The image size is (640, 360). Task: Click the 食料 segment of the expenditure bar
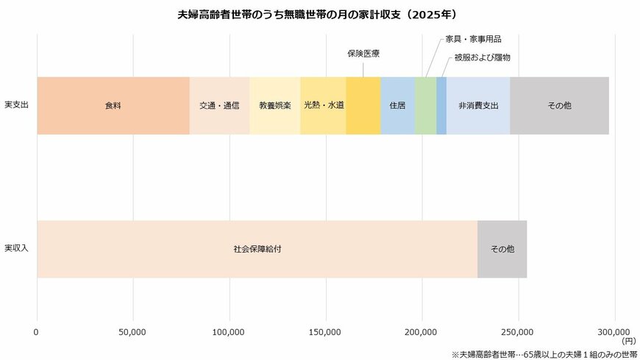[113, 105]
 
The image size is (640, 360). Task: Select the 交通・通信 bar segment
[219, 105]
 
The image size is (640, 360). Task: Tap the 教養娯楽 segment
[274, 105]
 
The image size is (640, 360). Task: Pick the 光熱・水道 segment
[323, 105]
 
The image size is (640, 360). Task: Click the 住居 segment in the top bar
[397, 105]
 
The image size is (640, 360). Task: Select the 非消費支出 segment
[478, 105]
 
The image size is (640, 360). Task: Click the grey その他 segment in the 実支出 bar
[559, 105]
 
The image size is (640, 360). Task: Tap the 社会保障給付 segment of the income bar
[257, 249]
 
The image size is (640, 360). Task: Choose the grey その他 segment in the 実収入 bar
[502, 249]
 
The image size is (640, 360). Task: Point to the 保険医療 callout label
[363, 54]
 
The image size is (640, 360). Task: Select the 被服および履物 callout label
[482, 57]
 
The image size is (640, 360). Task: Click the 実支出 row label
[16, 105]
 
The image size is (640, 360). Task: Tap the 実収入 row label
[16, 248]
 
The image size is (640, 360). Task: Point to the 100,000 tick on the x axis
[229, 331]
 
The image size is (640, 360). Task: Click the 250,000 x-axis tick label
[518, 331]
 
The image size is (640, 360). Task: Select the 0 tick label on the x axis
[36, 331]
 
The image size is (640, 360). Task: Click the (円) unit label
[628, 341]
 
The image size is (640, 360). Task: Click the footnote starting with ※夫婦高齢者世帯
[543, 353]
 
